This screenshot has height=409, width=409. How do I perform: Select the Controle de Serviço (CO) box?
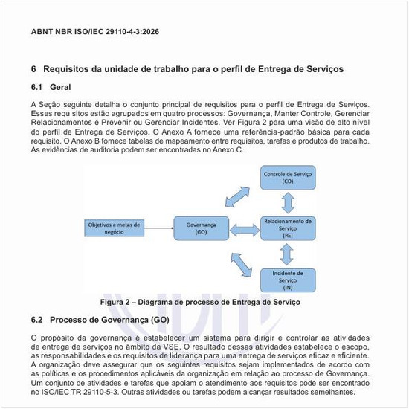point(287,177)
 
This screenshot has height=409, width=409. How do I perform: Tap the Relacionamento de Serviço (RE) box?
point(288,227)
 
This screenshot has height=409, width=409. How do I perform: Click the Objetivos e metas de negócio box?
point(114,227)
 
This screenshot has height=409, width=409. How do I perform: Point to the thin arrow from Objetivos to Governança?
point(160,227)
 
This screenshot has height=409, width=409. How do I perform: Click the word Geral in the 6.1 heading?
point(60,88)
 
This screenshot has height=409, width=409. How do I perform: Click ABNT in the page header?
point(43,33)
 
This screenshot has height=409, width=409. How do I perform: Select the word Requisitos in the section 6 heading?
point(68,68)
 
